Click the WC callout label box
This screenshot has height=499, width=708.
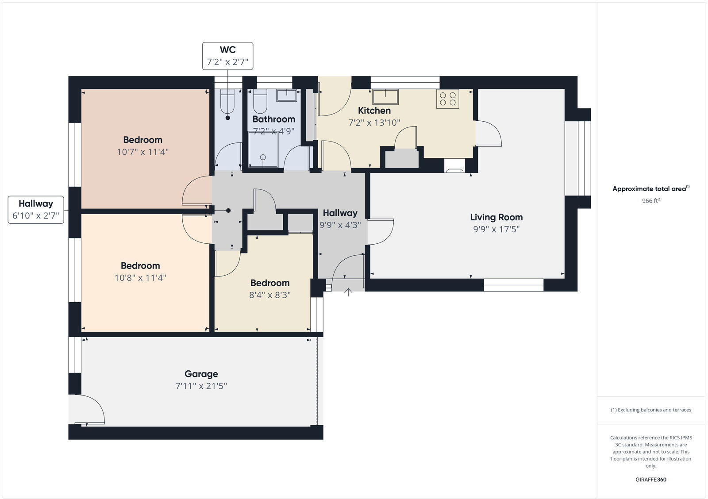point(228,56)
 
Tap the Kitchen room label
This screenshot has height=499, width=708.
point(374,111)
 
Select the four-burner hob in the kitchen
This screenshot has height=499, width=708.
point(447,99)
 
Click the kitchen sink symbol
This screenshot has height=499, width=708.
point(385,96)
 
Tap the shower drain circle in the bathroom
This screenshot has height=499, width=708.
point(263,157)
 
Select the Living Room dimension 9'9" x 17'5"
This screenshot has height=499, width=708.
point(496,229)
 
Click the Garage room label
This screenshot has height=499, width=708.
point(201,374)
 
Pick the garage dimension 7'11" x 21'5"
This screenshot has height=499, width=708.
point(201,386)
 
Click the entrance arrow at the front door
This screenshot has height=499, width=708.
point(348,292)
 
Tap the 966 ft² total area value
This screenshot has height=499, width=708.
point(651,201)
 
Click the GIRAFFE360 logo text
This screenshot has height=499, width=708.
point(651,480)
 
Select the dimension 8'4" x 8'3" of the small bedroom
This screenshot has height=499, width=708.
point(270,295)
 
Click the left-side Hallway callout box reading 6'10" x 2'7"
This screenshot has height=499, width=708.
point(36,210)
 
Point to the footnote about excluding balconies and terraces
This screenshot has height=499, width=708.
point(651,410)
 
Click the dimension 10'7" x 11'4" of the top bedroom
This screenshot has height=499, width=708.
point(142,152)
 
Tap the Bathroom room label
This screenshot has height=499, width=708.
point(273,119)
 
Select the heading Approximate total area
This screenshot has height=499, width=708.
point(650,189)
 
